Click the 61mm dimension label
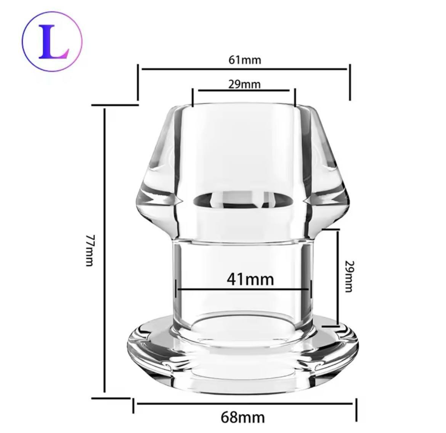(x=245, y=60)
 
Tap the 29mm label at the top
(x=244, y=84)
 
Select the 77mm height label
(x=90, y=250)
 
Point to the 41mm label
(x=250, y=279)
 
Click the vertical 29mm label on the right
(x=349, y=276)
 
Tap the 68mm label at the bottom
(x=242, y=417)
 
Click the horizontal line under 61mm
(x=244, y=69)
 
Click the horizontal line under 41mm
(x=244, y=289)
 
